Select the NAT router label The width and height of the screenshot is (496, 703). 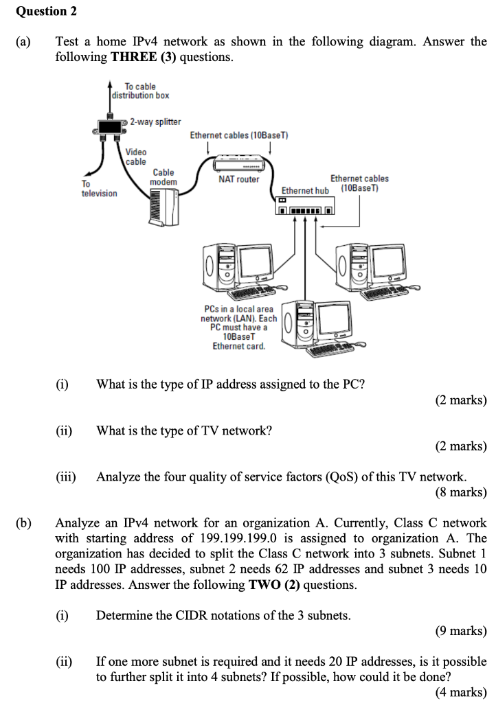click(x=238, y=179)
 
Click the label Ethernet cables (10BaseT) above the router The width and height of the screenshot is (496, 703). click(x=238, y=136)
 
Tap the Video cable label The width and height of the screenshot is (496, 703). click(x=136, y=157)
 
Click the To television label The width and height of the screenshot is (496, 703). click(x=99, y=189)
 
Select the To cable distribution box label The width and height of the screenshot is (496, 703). click(x=141, y=91)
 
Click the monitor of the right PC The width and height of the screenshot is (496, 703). click(x=390, y=262)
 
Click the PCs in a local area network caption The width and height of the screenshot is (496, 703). click(x=239, y=327)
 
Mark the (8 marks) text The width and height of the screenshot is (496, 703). click(x=461, y=492)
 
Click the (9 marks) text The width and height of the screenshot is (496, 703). click(x=461, y=630)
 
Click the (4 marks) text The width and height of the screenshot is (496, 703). click(x=461, y=692)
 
